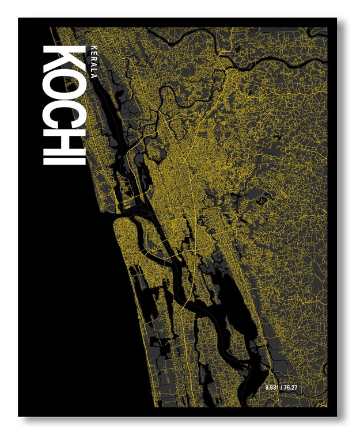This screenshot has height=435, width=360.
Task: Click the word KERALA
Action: click(x=94, y=60)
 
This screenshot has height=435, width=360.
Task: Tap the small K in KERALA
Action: click(x=94, y=45)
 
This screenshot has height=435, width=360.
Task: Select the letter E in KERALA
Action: click(x=94, y=51)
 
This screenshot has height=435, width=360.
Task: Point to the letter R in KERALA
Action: click(x=94, y=57)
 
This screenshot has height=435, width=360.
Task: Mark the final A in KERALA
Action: click(x=94, y=76)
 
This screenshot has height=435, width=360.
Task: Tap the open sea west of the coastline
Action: click(x=58, y=288)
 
